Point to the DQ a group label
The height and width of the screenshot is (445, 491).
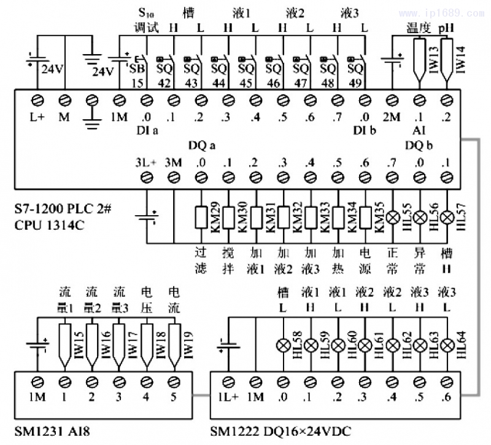pyautogui.click(x=201, y=145)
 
